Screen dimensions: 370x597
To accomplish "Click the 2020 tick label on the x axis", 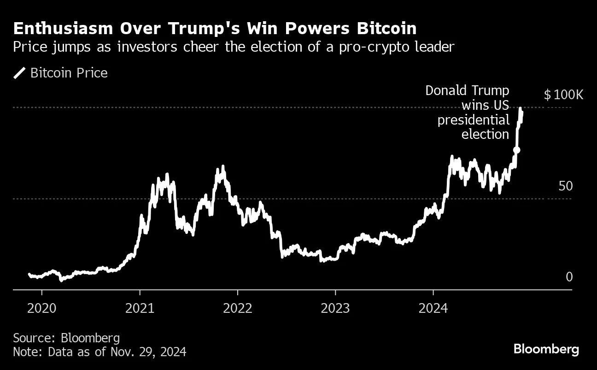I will click(x=42, y=308).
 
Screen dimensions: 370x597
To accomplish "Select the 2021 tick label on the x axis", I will click(x=140, y=308).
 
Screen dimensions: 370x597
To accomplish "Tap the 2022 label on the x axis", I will click(x=238, y=308).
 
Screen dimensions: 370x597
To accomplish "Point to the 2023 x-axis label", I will click(x=335, y=308).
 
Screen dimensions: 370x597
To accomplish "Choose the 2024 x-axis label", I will click(x=433, y=308).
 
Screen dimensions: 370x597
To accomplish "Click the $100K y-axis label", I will click(x=563, y=95).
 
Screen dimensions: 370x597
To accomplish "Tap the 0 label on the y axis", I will click(x=568, y=277).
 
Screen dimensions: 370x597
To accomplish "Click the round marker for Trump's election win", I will click(x=517, y=150).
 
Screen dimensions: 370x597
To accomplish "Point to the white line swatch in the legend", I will click(x=20, y=73).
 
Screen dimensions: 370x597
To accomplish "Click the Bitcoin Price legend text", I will click(x=69, y=73).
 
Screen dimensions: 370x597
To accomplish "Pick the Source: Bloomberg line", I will click(x=66, y=338).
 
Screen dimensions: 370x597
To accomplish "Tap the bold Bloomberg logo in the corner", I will click(x=546, y=349).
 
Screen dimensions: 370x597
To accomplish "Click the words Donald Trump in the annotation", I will click(x=467, y=90).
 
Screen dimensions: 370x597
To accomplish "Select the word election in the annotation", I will click(x=485, y=134).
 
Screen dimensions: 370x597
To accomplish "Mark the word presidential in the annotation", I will click(x=474, y=120).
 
